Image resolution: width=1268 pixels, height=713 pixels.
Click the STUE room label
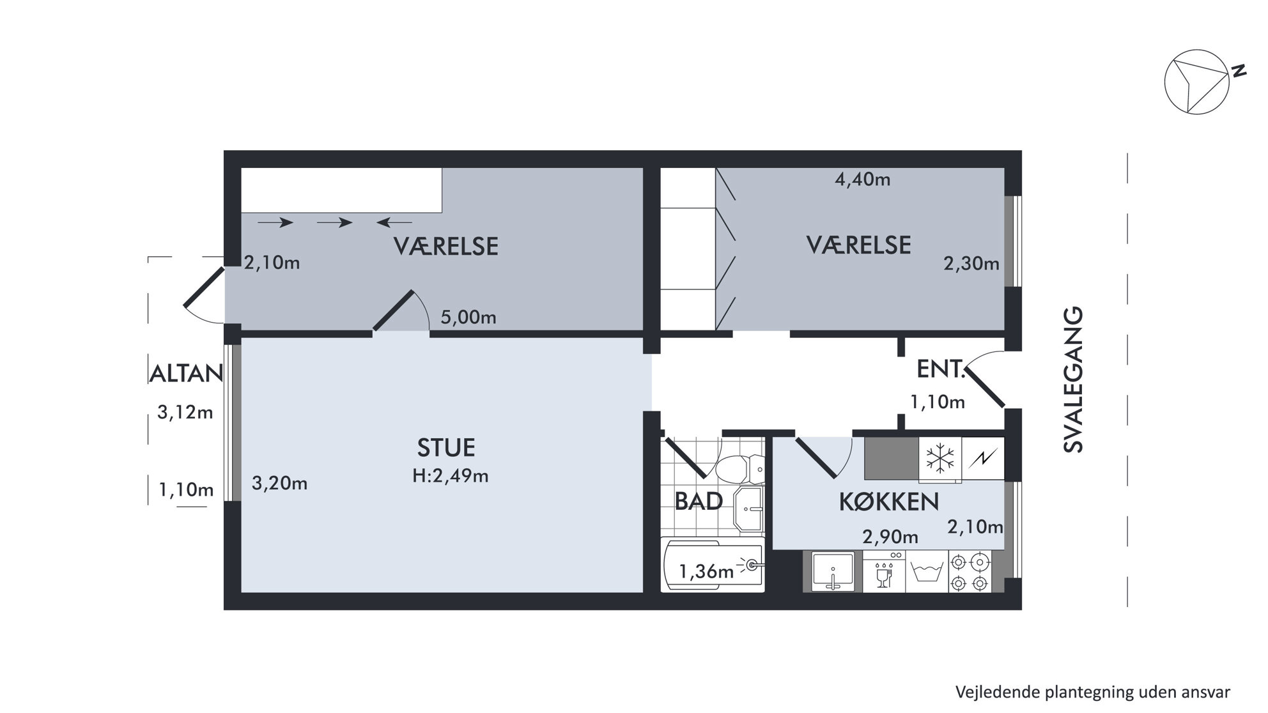point(446,448)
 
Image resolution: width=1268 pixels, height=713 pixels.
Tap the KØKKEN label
point(889,502)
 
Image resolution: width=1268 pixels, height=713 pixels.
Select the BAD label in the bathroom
point(699,502)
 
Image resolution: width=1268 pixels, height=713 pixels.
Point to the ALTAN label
point(186,374)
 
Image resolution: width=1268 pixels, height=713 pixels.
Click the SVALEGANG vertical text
point(1074,380)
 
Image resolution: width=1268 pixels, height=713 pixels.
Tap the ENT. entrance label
point(940,369)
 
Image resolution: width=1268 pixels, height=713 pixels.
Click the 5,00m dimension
point(468,318)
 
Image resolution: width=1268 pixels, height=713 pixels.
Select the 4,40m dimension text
point(863,180)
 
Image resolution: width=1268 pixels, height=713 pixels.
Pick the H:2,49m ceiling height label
point(451,476)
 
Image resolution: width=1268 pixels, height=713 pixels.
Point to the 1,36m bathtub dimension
point(706,571)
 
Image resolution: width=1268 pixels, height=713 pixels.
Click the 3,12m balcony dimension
point(185,413)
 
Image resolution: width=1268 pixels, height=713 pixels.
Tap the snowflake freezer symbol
point(940,458)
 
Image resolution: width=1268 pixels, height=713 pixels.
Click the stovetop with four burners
point(970,572)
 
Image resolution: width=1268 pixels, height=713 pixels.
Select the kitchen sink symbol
point(833,571)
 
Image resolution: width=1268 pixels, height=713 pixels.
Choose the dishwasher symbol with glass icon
point(884,572)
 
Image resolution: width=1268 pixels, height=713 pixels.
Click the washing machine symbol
point(927,572)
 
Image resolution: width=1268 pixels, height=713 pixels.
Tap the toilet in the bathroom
point(739,470)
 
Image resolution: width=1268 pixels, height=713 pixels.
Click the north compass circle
point(1196,82)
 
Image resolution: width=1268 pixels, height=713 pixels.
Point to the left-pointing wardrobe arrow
point(394,222)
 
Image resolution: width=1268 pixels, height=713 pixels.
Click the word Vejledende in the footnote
point(998,693)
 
